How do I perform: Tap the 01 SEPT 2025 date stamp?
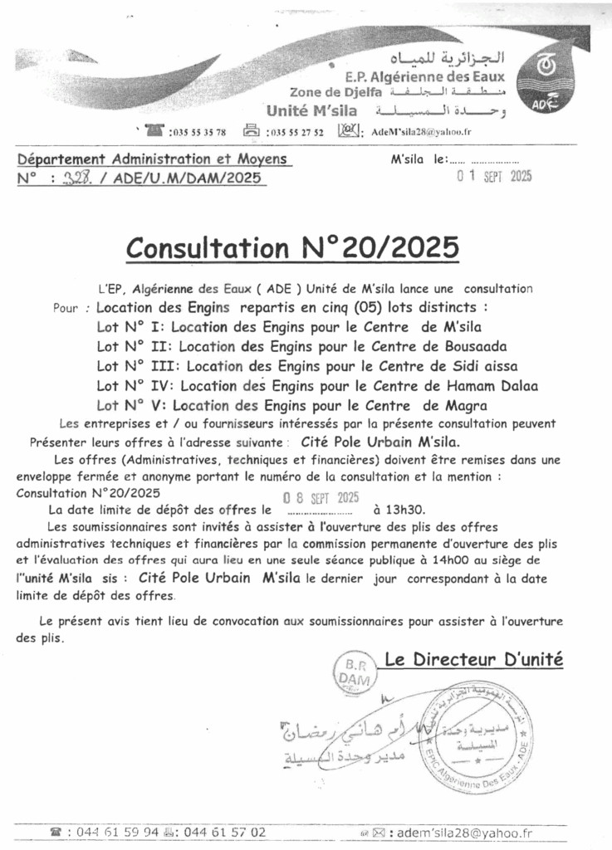[x=495, y=175]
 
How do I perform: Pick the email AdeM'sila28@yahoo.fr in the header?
[x=422, y=132]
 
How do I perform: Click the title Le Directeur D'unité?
[x=474, y=661]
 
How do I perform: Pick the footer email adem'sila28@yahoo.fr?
[x=465, y=832]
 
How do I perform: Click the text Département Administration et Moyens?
[x=153, y=159]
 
